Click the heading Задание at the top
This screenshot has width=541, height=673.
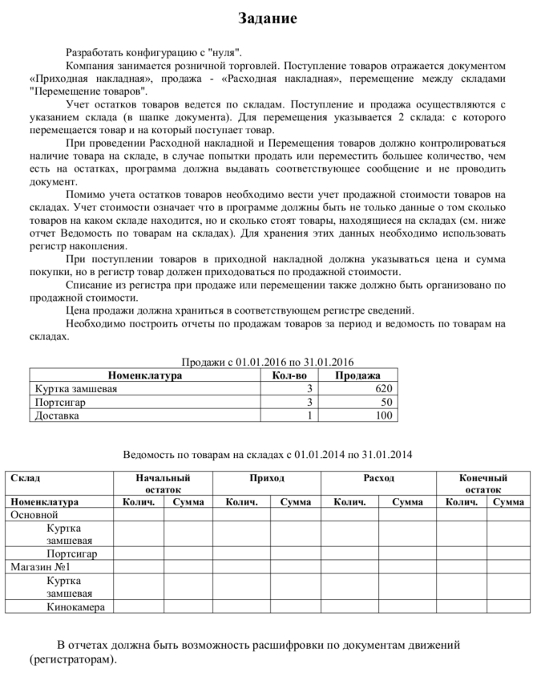(x=268, y=18)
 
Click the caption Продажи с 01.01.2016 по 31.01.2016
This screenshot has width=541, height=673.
(x=268, y=362)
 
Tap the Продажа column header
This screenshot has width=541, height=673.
(x=357, y=375)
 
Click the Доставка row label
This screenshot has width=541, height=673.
(x=56, y=416)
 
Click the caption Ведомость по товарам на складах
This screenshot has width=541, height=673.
(x=268, y=455)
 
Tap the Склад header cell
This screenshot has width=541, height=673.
(x=25, y=478)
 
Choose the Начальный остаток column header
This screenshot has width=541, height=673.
(x=163, y=483)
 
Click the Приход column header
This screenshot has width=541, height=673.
(x=267, y=478)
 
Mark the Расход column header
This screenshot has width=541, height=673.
(x=378, y=478)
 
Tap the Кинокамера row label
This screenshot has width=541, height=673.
(x=75, y=607)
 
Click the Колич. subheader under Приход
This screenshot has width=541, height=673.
(x=241, y=502)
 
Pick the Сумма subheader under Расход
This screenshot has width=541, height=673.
(x=407, y=502)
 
